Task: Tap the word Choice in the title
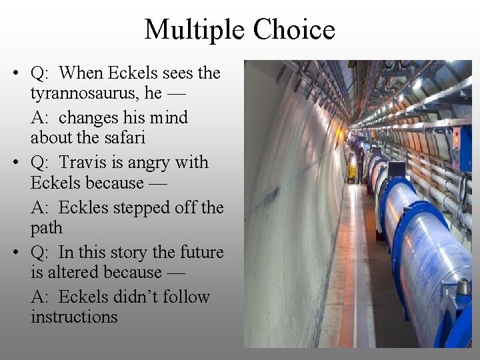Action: [293, 29]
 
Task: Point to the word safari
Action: [122, 137]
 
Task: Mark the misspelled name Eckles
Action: [85, 207]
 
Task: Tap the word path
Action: [46, 227]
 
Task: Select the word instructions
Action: [73, 317]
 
